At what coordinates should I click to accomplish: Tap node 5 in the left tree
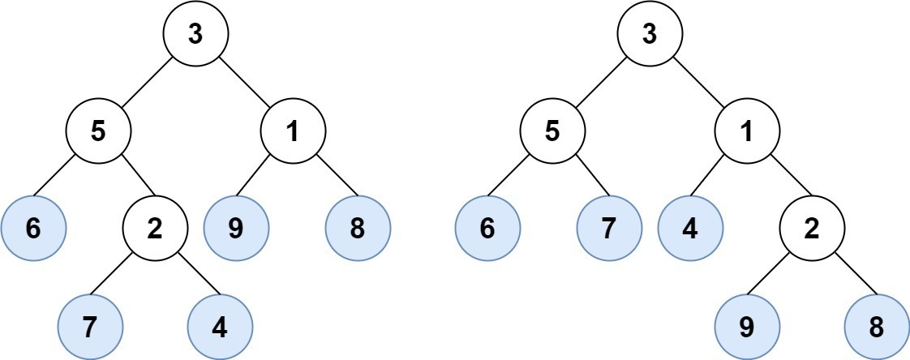[x=98, y=132]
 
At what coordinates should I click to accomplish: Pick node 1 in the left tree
[x=293, y=132]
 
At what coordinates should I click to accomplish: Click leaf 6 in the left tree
[x=33, y=228]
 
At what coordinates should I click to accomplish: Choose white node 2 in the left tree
[x=155, y=228]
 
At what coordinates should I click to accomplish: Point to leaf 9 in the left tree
[x=236, y=228]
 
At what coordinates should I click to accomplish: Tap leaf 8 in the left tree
[x=358, y=228]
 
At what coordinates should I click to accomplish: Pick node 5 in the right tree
[x=552, y=132]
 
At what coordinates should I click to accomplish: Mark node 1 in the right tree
[x=747, y=132]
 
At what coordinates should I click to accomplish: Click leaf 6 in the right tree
[x=487, y=228]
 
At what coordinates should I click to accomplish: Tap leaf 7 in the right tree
[x=609, y=228]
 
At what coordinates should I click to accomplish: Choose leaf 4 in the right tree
[x=690, y=228]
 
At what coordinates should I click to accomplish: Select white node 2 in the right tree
[x=812, y=228]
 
